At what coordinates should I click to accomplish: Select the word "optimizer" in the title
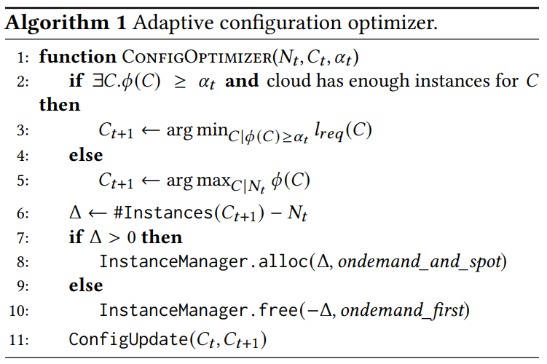pos(402,23)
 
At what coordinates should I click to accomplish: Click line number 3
pos(22,131)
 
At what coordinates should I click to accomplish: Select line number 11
pos(20,339)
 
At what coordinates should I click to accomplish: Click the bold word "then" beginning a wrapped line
pos(60,105)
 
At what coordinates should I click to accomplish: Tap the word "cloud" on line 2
pos(288,80)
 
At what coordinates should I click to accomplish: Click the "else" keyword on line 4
pos(85,155)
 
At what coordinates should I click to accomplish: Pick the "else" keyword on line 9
pos(85,285)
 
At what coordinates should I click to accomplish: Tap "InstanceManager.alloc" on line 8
pos(202,261)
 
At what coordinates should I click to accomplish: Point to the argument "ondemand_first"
pos(402,311)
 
